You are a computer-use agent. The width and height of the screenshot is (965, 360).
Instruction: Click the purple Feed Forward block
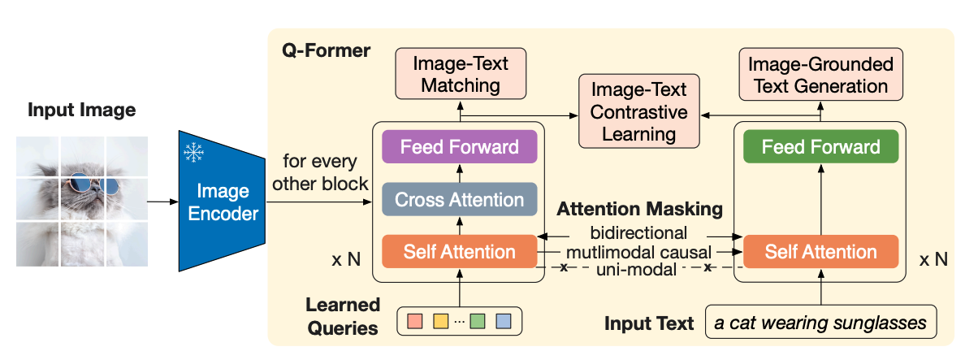coord(460,147)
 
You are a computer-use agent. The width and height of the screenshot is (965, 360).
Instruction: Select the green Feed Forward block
coord(820,147)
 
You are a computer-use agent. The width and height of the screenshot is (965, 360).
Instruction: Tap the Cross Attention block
coord(460,198)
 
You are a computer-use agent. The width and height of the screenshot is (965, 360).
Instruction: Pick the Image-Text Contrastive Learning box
coord(638,111)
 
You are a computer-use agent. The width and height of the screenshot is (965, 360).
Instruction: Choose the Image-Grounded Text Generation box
coord(820,75)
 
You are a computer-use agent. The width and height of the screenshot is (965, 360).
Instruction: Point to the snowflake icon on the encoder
coord(194,152)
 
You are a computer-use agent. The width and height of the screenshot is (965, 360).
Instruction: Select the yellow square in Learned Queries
coord(442,321)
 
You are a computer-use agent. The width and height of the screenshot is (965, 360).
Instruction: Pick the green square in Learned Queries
coord(477,321)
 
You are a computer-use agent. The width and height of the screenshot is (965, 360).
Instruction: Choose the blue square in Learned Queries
coord(504,321)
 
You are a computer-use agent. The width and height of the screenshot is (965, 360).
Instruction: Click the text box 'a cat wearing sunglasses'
coord(820,322)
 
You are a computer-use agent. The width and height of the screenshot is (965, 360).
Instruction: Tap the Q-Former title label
coord(327,51)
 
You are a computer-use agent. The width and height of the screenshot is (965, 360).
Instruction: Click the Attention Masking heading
coord(639,209)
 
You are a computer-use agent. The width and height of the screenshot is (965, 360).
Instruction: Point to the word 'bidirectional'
coord(638,232)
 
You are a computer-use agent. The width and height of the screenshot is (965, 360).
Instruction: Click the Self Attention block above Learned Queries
coord(460,251)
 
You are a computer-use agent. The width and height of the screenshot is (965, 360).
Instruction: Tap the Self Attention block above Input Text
coord(820,251)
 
